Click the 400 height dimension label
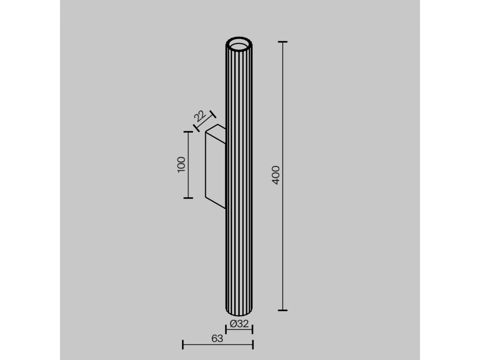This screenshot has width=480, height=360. [276, 175]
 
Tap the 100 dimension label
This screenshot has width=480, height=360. [181, 165]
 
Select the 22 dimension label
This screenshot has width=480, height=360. [200, 116]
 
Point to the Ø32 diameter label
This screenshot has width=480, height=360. [239, 324]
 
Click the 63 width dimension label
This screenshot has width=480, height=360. [217, 338]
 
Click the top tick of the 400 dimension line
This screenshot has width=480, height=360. [282, 42]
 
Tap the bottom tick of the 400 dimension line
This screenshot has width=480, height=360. [282, 310]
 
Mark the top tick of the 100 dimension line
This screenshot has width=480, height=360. [188, 132]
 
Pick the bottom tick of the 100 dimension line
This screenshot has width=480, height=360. [188, 198]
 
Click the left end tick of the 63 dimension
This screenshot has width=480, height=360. [182, 344]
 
